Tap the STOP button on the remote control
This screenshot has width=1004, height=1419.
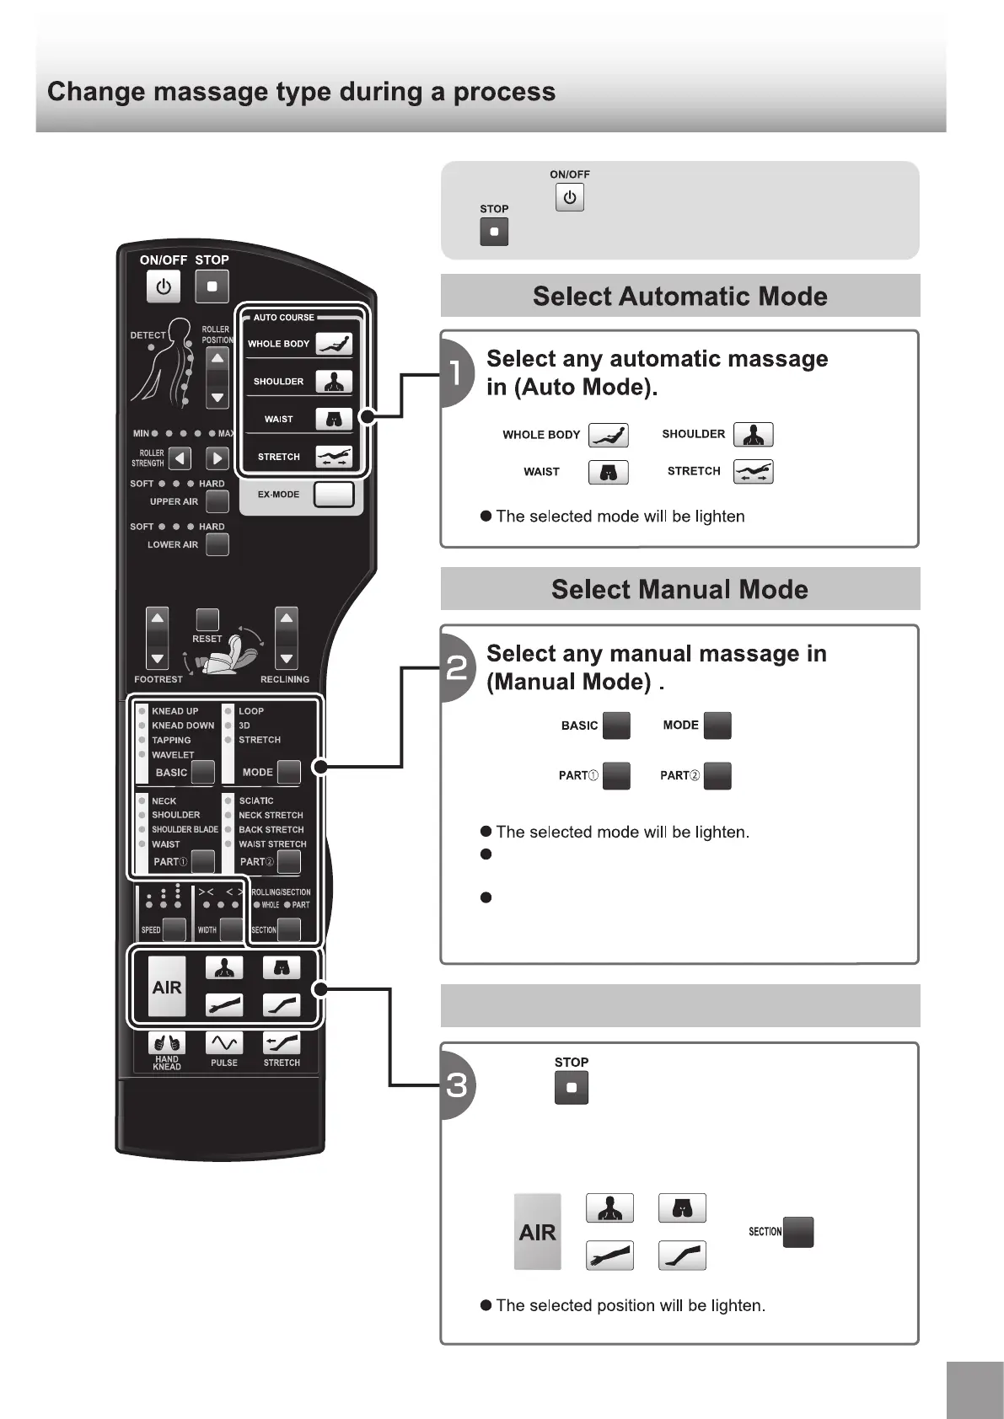coord(212,286)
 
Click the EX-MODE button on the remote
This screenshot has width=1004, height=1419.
coord(334,495)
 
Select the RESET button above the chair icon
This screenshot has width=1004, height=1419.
coord(207,620)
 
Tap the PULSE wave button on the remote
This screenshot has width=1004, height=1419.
coord(224,1043)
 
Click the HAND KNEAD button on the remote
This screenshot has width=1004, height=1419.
coord(167,1043)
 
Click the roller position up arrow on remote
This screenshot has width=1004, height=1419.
coord(217,358)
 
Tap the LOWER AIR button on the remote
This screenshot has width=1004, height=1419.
coord(217,544)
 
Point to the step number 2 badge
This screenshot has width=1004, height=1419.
coord(456,667)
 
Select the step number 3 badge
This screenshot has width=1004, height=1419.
coord(456,1085)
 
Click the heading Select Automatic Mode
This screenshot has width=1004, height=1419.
coord(679,297)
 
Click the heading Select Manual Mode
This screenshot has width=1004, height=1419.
coord(679,589)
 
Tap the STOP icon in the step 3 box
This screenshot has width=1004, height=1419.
coord(572,1088)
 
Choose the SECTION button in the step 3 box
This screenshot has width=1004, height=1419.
coord(798,1232)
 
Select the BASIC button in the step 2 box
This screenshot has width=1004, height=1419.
coord(617,726)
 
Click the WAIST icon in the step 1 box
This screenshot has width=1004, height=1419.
coord(609,472)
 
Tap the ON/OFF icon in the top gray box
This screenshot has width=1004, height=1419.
coord(570,198)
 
